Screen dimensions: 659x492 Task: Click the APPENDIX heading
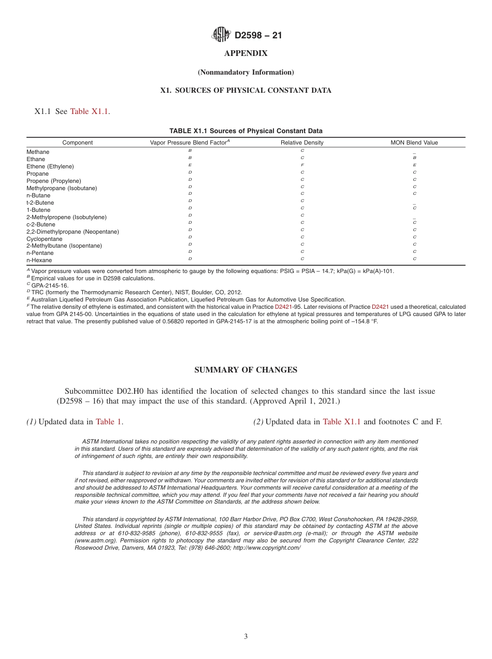(x=245, y=53)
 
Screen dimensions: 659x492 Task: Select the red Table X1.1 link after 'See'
(x=89, y=111)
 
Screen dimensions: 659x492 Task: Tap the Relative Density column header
(x=302, y=142)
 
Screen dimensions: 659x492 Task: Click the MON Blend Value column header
(x=414, y=142)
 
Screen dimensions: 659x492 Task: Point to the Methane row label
(x=38, y=152)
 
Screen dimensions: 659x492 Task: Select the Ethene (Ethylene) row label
(x=50, y=166)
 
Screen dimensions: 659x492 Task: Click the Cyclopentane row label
(x=44, y=239)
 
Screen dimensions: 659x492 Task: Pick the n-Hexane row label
(x=39, y=260)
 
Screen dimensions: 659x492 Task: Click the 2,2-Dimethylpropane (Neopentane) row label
(x=73, y=232)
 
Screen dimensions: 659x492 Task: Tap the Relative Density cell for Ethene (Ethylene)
(x=302, y=165)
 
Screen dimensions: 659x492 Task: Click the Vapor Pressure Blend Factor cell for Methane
(x=190, y=150)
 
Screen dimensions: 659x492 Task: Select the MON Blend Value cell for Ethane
(x=414, y=157)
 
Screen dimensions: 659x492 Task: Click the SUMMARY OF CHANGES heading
(x=245, y=370)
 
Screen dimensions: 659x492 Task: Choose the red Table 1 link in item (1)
(x=109, y=422)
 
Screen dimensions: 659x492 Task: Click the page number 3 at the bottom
(x=246, y=637)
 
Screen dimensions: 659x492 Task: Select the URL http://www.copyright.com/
(x=266, y=548)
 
